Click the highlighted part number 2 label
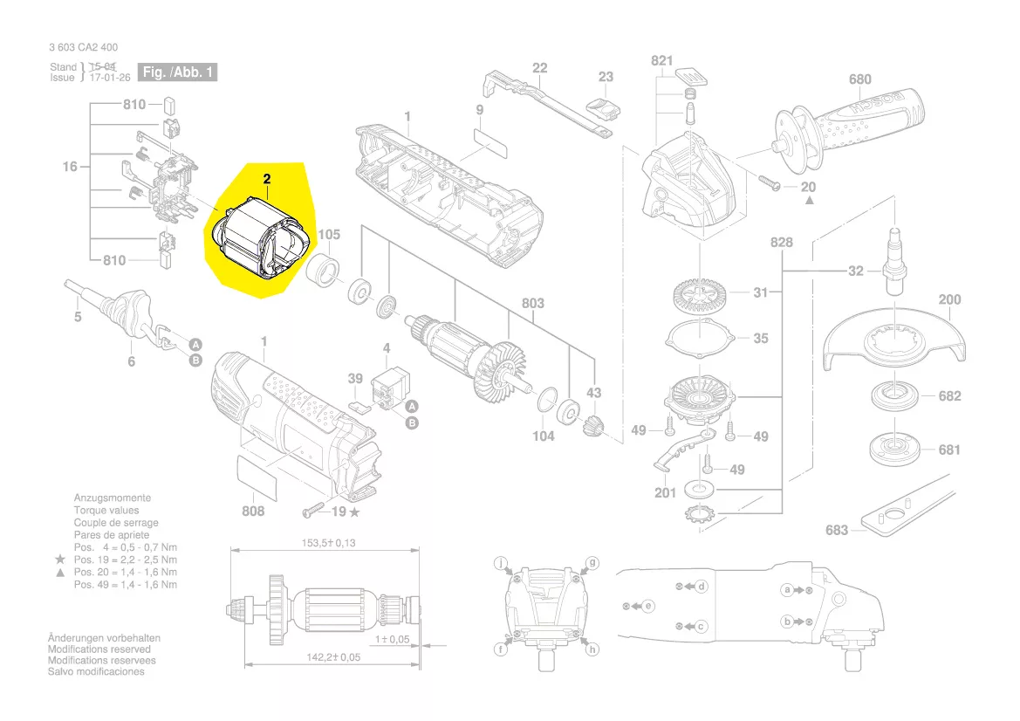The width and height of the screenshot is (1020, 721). click(267, 179)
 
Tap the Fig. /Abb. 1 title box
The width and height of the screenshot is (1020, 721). click(178, 72)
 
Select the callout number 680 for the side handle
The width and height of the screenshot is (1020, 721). click(860, 79)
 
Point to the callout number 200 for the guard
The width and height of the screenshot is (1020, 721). click(949, 299)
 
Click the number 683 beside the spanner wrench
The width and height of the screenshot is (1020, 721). click(837, 531)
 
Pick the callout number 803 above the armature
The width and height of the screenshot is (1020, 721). click(533, 303)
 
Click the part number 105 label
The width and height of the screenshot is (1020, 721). click(329, 234)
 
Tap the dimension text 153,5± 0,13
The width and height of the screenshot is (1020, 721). click(328, 543)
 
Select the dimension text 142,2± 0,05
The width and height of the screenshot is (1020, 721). click(333, 657)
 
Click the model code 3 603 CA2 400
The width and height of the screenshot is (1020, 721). click(83, 47)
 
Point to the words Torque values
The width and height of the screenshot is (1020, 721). click(106, 510)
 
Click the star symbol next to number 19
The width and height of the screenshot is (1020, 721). click(354, 512)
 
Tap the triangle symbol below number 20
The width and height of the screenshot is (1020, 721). click(809, 201)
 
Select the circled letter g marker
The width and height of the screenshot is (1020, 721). click(592, 563)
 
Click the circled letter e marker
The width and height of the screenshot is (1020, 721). click(648, 607)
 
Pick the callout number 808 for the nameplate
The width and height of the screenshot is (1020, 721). click(253, 512)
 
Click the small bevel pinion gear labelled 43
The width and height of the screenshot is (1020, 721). click(592, 426)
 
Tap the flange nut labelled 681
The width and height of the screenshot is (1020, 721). click(895, 449)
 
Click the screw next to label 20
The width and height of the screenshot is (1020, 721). click(768, 182)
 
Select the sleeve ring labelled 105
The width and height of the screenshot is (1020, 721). click(324, 271)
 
